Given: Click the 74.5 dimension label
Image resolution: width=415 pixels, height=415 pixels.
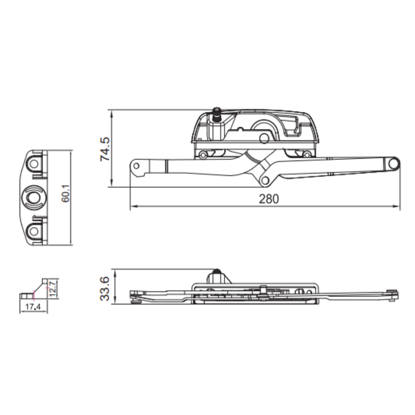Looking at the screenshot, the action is pyautogui.click(x=105, y=149).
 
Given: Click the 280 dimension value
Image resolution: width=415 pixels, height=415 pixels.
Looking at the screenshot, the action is pyautogui.click(x=269, y=199).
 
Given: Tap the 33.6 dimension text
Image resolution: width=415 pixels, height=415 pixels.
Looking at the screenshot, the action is pyautogui.click(x=105, y=289).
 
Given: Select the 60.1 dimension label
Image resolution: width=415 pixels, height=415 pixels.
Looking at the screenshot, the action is pyautogui.click(x=66, y=193).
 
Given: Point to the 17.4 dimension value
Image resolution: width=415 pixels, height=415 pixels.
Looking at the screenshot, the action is pyautogui.click(x=33, y=307).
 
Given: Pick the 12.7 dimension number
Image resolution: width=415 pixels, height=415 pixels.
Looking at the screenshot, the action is pyautogui.click(x=52, y=289).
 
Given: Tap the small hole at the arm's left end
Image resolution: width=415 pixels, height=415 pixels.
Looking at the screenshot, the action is pyautogui.click(x=136, y=166).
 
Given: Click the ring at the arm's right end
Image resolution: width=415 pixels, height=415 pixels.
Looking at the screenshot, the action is pyautogui.click(x=393, y=163).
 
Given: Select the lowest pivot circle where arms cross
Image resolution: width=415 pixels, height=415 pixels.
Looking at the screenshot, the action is pyautogui.click(x=265, y=181).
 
